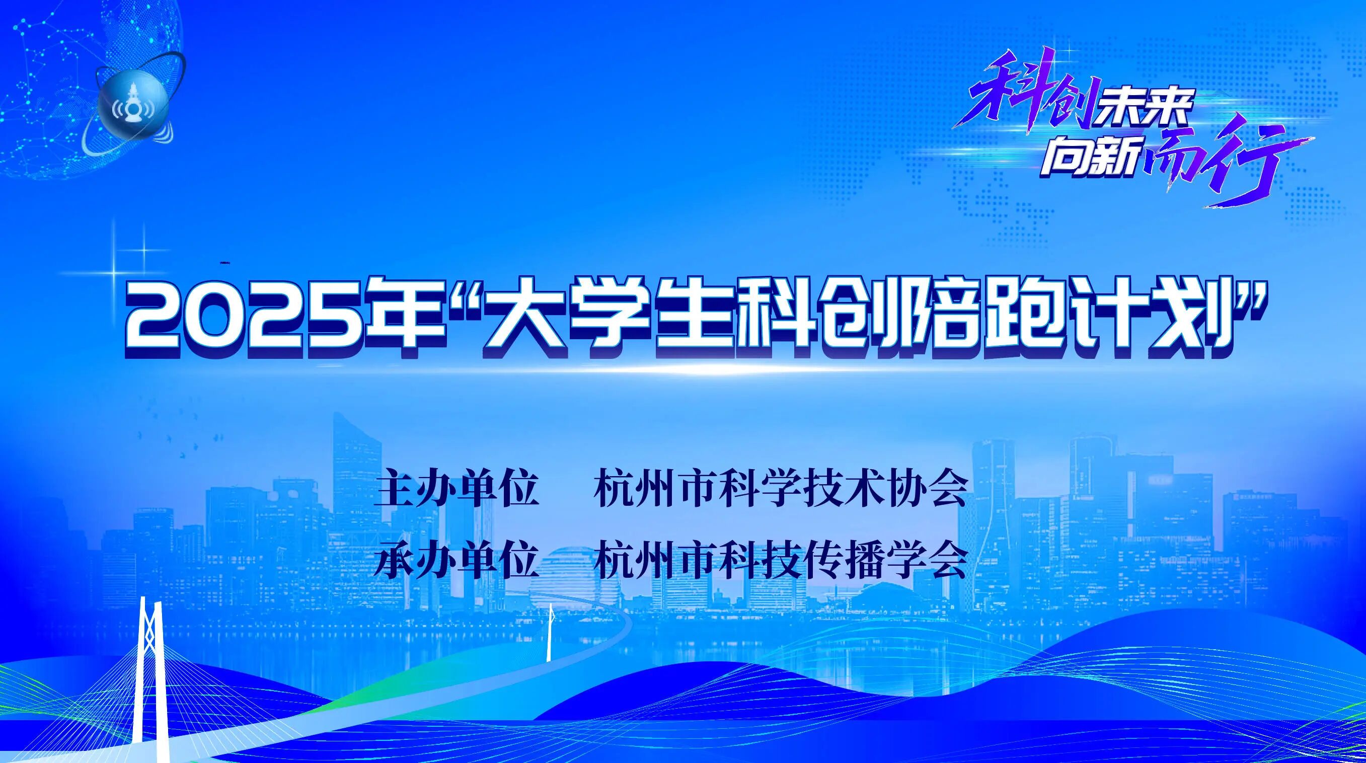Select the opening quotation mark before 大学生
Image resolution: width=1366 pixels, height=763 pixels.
click(x=462, y=300)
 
